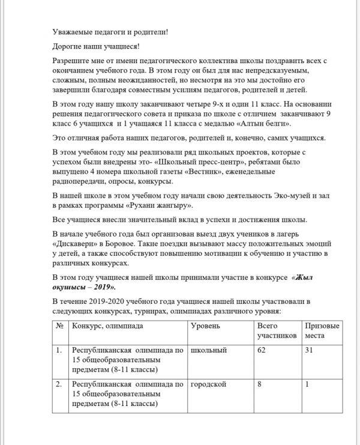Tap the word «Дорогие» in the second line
click(x=68, y=46)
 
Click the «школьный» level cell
click(x=208, y=350)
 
